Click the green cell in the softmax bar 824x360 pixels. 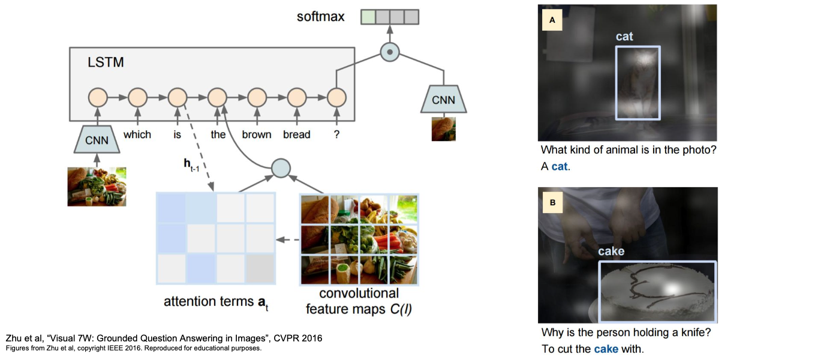pyautogui.click(x=368, y=17)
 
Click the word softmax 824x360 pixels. pyautogui.click(x=321, y=16)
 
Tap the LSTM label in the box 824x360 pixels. pyautogui.click(x=106, y=62)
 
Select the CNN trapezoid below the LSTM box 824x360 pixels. pyautogui.click(x=97, y=140)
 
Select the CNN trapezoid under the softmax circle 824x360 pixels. pyautogui.click(x=444, y=100)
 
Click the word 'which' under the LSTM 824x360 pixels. pyautogui.click(x=137, y=134)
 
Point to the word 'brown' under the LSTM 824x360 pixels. pyautogui.click(x=257, y=134)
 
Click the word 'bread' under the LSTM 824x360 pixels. pyautogui.click(x=297, y=134)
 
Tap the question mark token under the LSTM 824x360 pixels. pyautogui.click(x=336, y=134)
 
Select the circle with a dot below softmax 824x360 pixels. pyautogui.click(x=390, y=52)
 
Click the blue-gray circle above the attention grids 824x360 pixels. pyautogui.click(x=281, y=168)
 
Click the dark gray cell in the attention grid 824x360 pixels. pyautogui.click(x=260, y=268)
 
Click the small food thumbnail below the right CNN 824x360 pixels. pyautogui.click(x=444, y=128)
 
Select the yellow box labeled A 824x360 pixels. pyautogui.click(x=552, y=20)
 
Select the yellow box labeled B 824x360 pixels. pyautogui.click(x=552, y=203)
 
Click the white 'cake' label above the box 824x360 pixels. pyautogui.click(x=611, y=251)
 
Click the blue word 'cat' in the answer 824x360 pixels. pyautogui.click(x=560, y=166)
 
